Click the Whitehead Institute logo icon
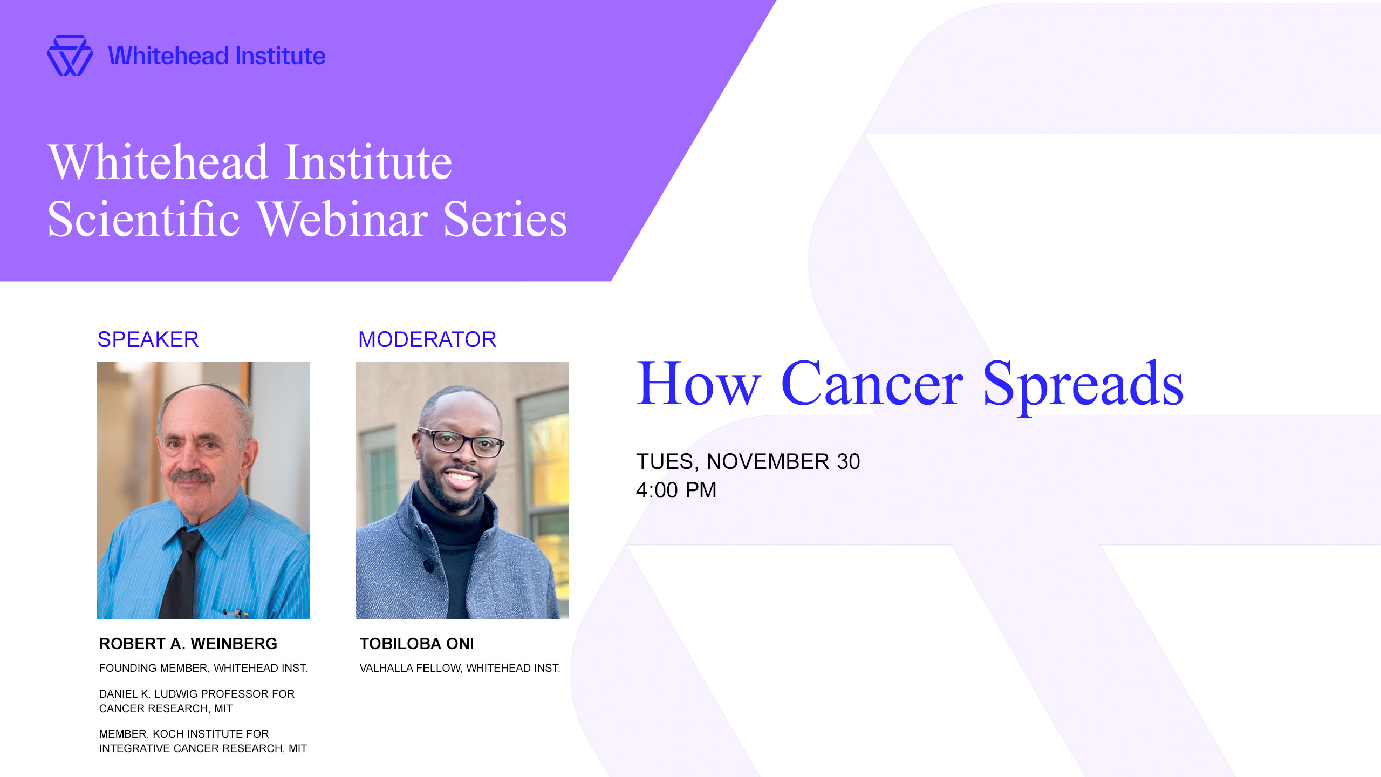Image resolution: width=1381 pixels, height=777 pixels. (x=70, y=56)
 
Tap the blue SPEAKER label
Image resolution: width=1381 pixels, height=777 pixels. (x=148, y=339)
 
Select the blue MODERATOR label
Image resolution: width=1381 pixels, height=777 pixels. (x=427, y=339)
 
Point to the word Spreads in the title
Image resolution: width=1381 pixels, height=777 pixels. (x=1083, y=387)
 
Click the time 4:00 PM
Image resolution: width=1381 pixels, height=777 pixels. (x=676, y=490)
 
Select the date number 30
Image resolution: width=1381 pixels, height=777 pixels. (x=849, y=462)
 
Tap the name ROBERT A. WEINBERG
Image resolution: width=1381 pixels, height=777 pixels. (x=188, y=644)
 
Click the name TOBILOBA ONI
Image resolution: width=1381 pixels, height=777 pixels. (x=417, y=644)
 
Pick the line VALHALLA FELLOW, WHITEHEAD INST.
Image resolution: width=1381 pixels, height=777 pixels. (x=460, y=669)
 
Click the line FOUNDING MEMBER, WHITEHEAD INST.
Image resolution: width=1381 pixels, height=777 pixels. (x=203, y=669)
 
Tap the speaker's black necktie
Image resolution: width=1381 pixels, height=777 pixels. (x=181, y=575)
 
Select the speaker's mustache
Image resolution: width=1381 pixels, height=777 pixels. (x=192, y=476)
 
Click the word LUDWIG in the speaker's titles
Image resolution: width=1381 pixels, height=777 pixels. (x=176, y=694)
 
